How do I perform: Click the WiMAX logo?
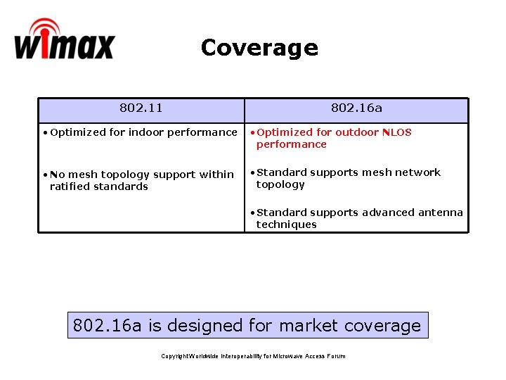click(x=63, y=40)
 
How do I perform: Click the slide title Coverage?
click(x=259, y=48)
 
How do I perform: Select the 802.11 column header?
click(x=141, y=108)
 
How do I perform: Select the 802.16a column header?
click(x=356, y=108)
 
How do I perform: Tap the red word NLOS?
click(x=396, y=132)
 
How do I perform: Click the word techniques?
click(x=286, y=224)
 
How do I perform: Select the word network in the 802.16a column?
click(x=417, y=172)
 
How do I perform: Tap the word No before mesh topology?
click(x=57, y=175)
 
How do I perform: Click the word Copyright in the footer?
click(x=174, y=356)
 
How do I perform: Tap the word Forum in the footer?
click(x=336, y=356)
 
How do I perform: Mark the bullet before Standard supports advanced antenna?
click(x=252, y=213)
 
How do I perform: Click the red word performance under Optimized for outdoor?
click(x=291, y=144)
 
